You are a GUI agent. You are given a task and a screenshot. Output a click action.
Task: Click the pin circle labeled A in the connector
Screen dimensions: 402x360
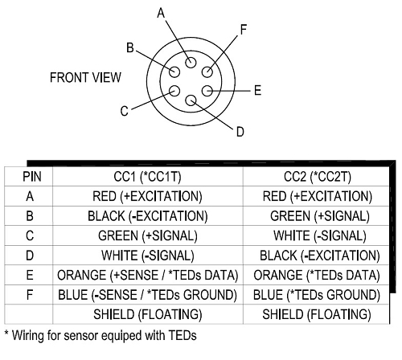coord(191,63)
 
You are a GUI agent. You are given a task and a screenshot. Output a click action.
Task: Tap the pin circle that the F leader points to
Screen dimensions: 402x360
coord(207,72)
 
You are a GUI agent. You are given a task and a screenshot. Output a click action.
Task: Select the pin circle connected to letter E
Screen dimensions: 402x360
coord(207,91)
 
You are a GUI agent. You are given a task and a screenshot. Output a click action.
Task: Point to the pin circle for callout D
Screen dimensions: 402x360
coord(191,100)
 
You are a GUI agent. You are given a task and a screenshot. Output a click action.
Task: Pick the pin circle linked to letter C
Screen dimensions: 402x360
coord(174,91)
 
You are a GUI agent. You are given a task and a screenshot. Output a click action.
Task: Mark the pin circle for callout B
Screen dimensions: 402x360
coord(174,72)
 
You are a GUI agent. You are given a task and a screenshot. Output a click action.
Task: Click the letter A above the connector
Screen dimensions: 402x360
coord(161,13)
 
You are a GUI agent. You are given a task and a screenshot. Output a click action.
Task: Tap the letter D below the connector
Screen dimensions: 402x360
coord(240,132)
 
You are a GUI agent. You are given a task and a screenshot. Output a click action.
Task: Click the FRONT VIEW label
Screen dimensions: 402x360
coord(85,77)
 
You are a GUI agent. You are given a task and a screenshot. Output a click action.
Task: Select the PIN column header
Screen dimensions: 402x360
coord(32,177)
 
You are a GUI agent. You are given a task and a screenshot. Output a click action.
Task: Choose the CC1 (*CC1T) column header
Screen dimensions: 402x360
coord(147,177)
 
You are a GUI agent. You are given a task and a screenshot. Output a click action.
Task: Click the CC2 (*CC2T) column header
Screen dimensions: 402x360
coord(318,177)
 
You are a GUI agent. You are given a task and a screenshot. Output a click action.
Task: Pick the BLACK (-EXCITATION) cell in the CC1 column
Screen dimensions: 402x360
coord(148,216)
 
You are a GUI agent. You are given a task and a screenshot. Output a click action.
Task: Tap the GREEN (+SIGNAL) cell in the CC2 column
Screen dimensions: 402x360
coord(320,216)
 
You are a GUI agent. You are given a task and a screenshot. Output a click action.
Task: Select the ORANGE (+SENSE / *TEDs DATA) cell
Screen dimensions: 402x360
coord(148,276)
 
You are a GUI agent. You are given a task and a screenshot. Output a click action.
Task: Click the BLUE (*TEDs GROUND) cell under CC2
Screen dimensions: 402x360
coord(317,295)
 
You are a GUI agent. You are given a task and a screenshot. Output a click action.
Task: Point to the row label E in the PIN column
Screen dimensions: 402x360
coord(30,276)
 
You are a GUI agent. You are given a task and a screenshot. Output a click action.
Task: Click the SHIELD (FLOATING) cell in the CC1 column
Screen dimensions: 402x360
coord(148,314)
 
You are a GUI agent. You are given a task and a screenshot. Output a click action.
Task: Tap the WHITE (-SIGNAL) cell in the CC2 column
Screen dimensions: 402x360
coord(320,236)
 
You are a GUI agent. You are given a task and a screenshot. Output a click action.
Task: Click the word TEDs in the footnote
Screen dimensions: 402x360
coord(183,335)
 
